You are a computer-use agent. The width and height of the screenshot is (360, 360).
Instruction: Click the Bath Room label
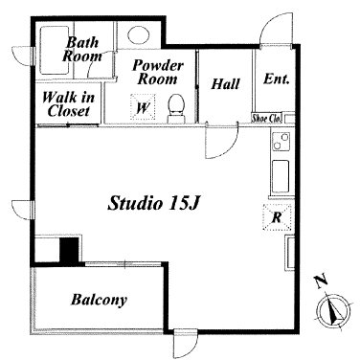point(81,50)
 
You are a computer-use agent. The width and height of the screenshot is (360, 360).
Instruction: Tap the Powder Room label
point(158,72)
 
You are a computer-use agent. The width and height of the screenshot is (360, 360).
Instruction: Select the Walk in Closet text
point(68,104)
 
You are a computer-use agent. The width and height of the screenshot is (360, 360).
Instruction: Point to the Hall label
point(225,84)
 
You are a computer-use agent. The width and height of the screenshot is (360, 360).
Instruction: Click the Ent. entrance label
point(277,79)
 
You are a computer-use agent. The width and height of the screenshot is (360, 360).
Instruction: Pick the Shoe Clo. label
point(266,118)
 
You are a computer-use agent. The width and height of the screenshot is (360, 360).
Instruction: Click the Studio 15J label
point(153,203)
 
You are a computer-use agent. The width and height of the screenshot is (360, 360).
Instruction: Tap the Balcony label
point(99,300)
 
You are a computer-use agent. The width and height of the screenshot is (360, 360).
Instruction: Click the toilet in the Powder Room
point(176,108)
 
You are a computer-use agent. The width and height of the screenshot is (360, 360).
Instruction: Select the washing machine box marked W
point(143,107)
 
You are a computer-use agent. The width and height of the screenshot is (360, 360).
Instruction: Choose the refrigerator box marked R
point(277,217)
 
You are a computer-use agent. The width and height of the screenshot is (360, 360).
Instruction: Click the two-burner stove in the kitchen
point(281,142)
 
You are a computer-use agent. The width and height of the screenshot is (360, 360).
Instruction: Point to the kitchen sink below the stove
point(281,176)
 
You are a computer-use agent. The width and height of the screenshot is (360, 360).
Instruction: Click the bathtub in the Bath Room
point(55,51)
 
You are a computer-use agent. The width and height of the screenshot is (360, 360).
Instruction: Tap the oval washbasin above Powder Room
point(139,34)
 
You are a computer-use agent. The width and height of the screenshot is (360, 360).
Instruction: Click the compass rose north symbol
point(334,310)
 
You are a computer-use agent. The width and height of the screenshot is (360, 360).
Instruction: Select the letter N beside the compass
point(321,281)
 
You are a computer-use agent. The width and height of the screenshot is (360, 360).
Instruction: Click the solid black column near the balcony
point(70,251)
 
